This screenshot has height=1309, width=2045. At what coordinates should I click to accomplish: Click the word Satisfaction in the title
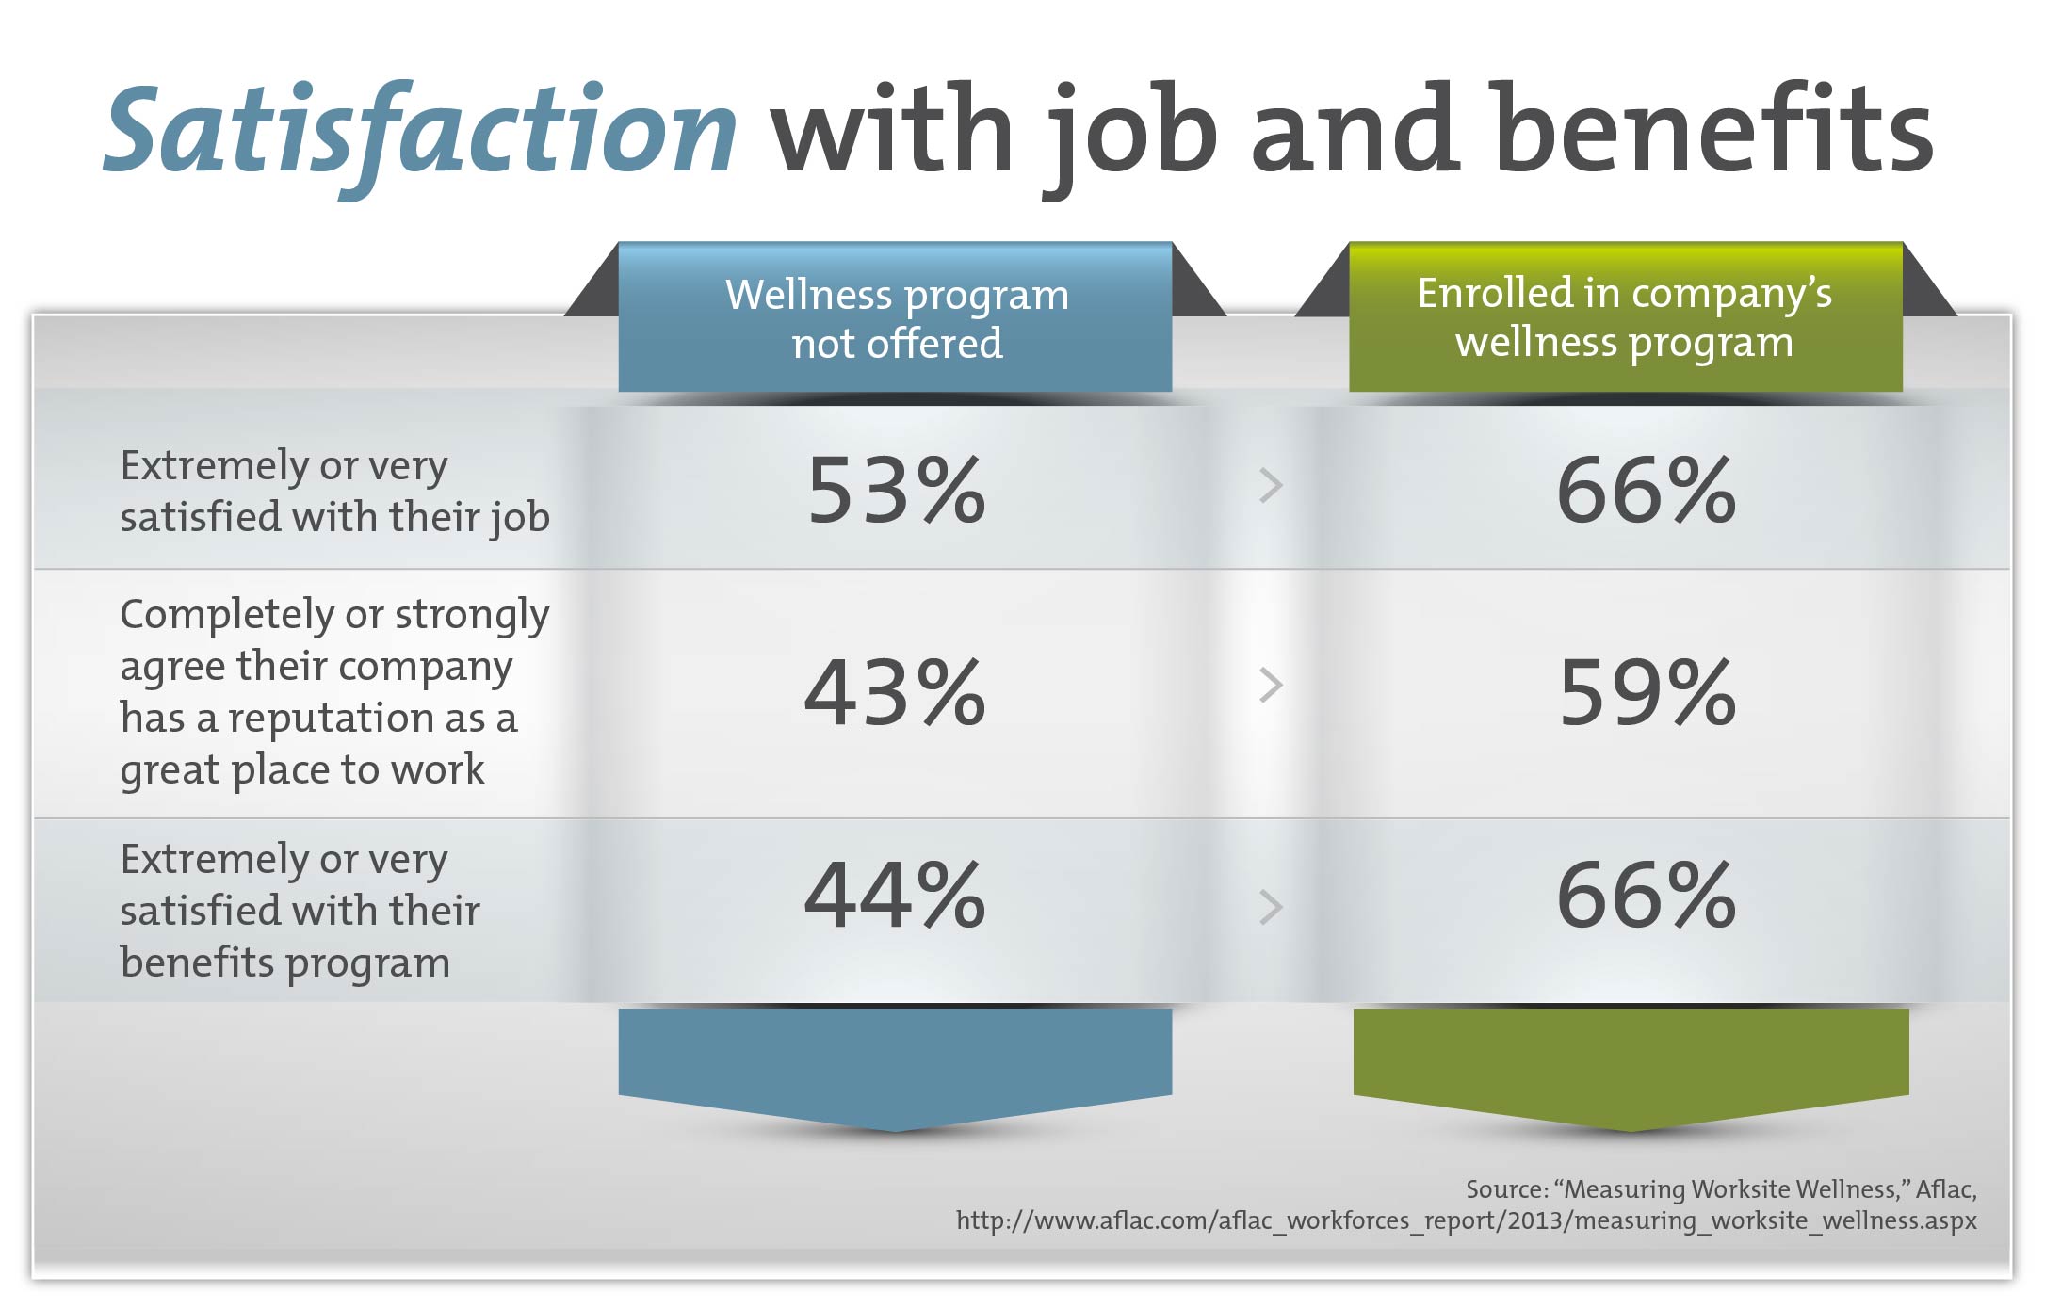(420, 132)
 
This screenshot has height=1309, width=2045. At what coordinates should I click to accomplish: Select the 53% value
(897, 490)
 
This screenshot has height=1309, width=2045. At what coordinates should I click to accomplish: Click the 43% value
(895, 692)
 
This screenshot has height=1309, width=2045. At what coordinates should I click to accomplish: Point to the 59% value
(1647, 692)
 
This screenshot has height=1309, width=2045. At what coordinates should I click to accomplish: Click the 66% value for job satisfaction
(1647, 490)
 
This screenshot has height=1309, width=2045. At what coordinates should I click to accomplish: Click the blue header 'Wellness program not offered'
(896, 317)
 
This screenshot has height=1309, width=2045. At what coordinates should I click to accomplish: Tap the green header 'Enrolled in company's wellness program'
(1626, 317)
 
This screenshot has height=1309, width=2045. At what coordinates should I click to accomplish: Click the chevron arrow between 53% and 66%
(1272, 485)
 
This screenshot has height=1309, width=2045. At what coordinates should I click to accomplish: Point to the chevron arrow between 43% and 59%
(1272, 686)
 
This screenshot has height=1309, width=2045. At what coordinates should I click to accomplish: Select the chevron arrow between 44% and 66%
(1272, 907)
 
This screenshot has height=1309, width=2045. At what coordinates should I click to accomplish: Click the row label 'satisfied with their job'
(334, 518)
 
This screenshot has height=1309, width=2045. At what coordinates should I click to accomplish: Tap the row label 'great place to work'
(302, 770)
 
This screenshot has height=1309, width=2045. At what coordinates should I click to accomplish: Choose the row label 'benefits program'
(285, 963)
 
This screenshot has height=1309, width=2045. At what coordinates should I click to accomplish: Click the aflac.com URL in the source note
(1467, 1220)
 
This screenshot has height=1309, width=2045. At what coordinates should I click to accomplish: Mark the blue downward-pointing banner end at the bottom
(896, 1069)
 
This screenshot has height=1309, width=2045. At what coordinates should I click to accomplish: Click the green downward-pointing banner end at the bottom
(1631, 1069)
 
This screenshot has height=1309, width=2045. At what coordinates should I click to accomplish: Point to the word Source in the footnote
(1507, 1189)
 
